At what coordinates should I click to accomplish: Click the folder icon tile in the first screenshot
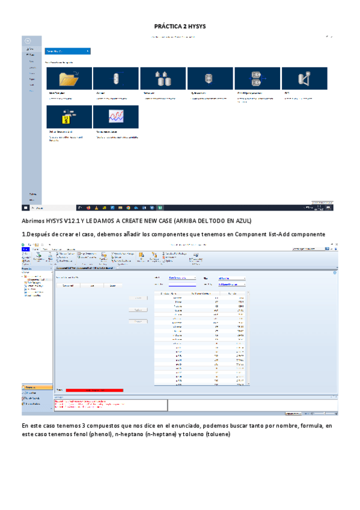tap(69, 79)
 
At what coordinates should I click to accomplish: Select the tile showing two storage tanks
tap(163, 79)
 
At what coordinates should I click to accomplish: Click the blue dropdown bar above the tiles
tap(68, 51)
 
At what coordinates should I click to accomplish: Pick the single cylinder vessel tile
tap(115, 79)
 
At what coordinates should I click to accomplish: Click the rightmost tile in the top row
tap(304, 79)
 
